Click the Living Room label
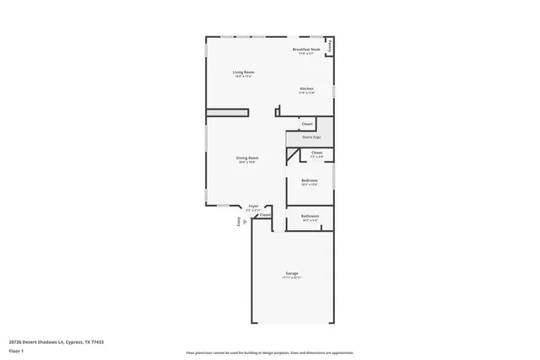point(244,72)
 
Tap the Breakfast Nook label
point(305,50)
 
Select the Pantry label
point(329,47)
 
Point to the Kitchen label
point(306,89)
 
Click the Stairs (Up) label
point(310,137)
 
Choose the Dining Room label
point(246,158)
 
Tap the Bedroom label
point(310,180)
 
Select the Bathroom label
point(310,216)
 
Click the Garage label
point(292,274)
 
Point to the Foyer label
point(252,206)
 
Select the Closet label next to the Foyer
point(265,215)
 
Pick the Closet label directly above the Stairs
point(307,124)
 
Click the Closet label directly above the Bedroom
point(316,153)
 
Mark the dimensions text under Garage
point(292,278)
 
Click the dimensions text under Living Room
point(244,76)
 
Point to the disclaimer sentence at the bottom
point(270,353)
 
